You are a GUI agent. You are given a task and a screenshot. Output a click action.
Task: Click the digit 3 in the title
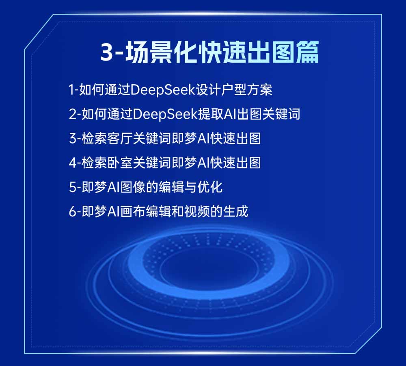coord(107,52)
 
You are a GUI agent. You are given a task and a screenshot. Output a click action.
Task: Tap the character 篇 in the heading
coord(308,52)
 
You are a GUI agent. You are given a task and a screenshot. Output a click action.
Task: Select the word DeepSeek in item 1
coord(163,90)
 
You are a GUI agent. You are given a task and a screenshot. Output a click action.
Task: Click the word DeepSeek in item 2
coord(165,114)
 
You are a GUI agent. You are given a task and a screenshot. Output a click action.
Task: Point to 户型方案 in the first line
coord(247,90)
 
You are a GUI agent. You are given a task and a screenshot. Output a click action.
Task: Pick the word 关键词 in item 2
coord(281,114)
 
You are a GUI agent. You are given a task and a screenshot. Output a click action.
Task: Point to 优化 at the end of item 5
coord(210,187)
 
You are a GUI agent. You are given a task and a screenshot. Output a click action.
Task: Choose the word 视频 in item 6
coord(197,211)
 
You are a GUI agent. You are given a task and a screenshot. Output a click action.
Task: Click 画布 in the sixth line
coord(133,211)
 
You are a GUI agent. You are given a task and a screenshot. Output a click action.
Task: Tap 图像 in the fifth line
coord(133,187)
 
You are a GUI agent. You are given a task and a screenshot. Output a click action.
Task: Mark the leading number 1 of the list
coord(72,90)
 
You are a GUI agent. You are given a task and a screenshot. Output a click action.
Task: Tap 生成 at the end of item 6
coord(235,211)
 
